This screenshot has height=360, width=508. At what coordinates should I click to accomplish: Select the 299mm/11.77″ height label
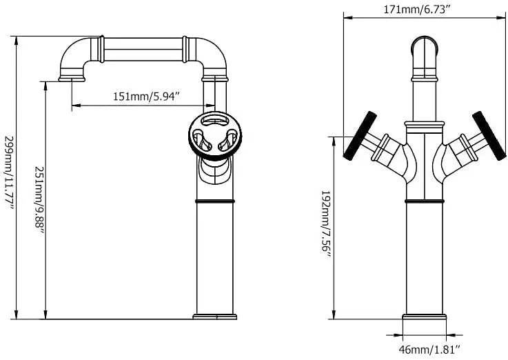9,175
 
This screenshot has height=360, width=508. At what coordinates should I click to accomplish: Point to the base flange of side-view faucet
214,317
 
